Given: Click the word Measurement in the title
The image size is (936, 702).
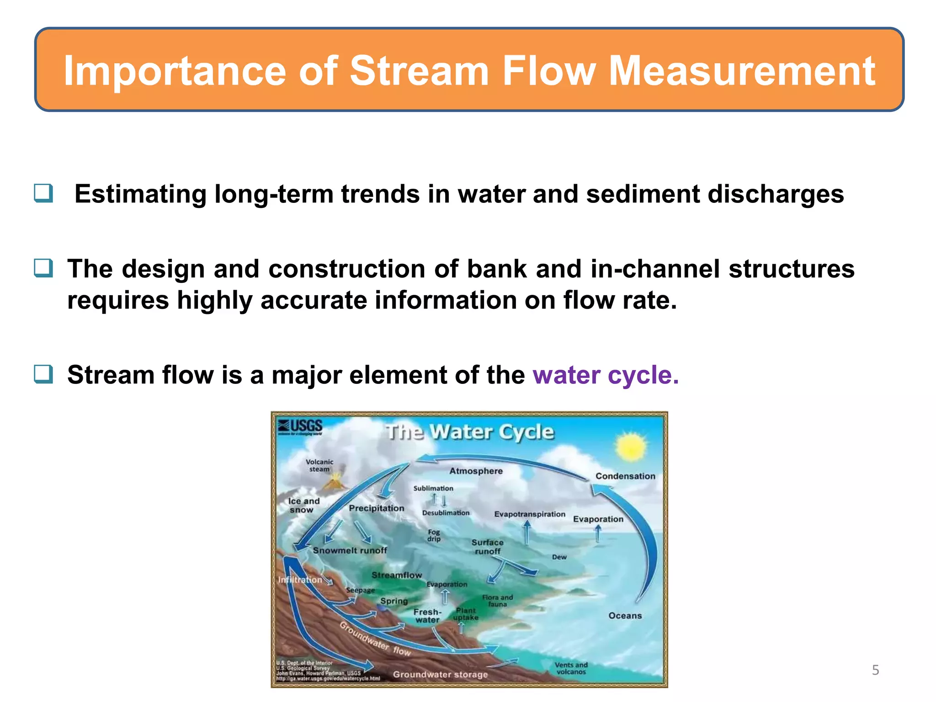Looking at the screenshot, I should [741, 71].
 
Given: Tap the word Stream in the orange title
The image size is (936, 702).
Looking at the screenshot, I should [419, 71].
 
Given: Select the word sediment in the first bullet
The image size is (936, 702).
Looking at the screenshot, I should [643, 194].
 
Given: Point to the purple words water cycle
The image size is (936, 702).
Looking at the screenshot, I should [606, 375].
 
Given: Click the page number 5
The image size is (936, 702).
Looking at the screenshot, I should [875, 670].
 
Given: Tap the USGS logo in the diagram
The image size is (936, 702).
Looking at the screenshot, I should [301, 427].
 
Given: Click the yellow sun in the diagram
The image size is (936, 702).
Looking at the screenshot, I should [631, 447].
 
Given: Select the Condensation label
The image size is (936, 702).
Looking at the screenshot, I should [625, 476].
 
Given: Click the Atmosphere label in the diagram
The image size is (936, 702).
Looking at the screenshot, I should [476, 471].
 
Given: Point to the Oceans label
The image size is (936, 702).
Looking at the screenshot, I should [625, 616].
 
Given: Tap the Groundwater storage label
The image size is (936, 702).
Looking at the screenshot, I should [440, 675].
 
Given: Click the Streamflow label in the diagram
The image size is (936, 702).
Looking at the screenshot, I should [396, 575].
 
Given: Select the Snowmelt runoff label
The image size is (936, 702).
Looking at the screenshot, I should [350, 550].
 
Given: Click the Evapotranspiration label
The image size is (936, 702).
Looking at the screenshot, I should [529, 514].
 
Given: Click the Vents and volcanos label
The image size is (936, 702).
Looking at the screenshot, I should [571, 668].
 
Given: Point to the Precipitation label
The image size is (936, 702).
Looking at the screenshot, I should [376, 508].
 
